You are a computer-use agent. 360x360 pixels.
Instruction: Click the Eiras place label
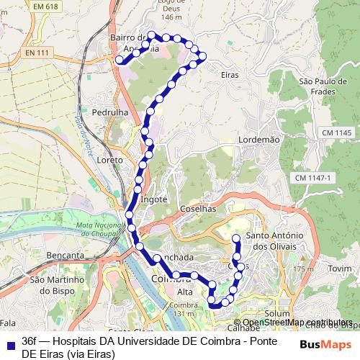click(230, 74)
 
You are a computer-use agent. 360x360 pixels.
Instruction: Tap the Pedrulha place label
click(109, 113)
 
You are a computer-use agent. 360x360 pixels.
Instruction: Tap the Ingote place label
click(154, 199)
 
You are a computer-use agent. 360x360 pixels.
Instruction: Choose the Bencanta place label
click(65, 255)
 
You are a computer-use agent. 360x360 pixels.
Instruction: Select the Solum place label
click(276, 314)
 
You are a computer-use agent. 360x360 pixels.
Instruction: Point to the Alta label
click(185, 292)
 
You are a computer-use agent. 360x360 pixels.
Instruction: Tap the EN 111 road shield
click(38, 54)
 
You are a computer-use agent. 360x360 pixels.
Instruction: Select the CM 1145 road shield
click(336, 133)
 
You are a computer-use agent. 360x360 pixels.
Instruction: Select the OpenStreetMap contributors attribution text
click(297, 322)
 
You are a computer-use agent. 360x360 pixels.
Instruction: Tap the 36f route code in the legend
click(29, 340)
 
